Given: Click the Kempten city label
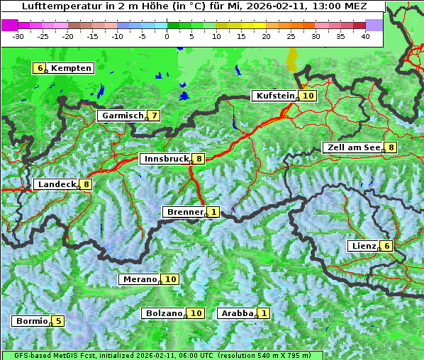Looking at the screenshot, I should click(71, 68).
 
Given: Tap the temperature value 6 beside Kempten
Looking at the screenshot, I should click(40, 68).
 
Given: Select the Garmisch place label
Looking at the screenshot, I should click(123, 116).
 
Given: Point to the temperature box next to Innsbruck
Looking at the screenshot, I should click(200, 159).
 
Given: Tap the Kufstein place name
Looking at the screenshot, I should click(274, 96).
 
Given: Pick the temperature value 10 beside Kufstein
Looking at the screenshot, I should click(308, 96).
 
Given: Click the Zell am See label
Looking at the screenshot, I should click(352, 147).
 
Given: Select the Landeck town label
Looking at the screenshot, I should click(57, 184).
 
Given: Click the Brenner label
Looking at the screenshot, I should click(185, 212).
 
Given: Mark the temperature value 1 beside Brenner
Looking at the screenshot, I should click(213, 212).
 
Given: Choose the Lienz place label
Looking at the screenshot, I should click(363, 246).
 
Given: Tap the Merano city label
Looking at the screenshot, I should click(139, 279).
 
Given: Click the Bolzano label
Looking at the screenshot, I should click(164, 313).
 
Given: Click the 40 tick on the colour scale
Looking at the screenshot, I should click(365, 35).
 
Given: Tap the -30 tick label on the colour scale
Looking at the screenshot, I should click(18, 35).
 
